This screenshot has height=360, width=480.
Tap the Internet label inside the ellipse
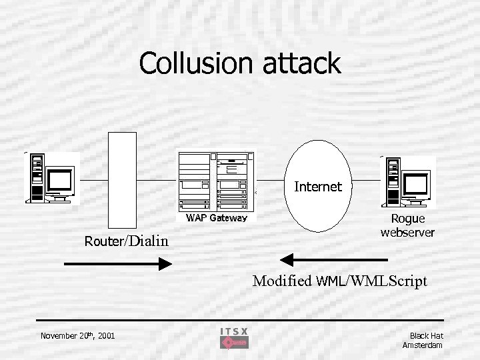[x=318, y=187]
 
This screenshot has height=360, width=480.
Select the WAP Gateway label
[x=217, y=218]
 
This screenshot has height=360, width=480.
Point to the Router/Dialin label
[x=127, y=241]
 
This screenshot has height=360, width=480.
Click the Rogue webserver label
[x=407, y=225]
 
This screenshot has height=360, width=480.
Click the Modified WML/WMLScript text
[x=339, y=281]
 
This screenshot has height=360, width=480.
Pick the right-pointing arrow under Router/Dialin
[x=118, y=264]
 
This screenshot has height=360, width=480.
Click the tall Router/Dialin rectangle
[x=122, y=180]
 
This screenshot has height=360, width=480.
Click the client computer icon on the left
[x=51, y=177]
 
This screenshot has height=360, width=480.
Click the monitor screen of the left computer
[x=59, y=179]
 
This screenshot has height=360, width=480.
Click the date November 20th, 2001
[x=77, y=335]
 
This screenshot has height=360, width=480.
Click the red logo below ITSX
[x=234, y=343]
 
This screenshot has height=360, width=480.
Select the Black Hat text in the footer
[x=426, y=335]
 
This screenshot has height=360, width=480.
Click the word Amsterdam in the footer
[x=423, y=345]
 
